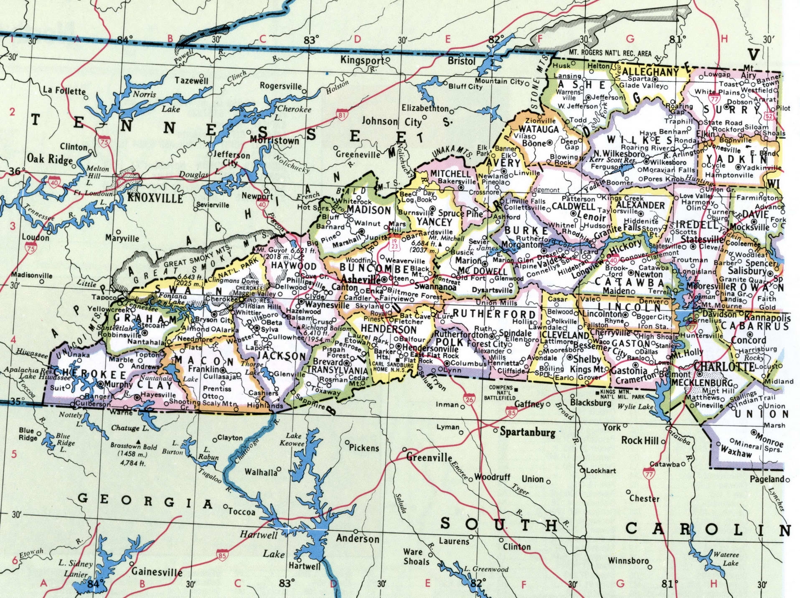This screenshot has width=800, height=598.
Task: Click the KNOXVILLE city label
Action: click(x=155, y=198)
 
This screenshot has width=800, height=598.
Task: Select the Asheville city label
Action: click(x=361, y=279)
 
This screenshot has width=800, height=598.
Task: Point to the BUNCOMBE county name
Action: click(x=374, y=268)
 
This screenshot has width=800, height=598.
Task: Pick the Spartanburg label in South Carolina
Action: click(x=528, y=432)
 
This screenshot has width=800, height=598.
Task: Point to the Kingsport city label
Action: click(x=362, y=60)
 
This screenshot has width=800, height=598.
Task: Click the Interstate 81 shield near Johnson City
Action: click(x=342, y=114)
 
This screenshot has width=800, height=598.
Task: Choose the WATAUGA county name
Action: click(x=538, y=129)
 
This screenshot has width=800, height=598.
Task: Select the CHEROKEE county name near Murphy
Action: click(x=90, y=374)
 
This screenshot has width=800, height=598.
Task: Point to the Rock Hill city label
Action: click(x=640, y=440)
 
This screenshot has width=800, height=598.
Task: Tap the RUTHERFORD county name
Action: click(x=494, y=314)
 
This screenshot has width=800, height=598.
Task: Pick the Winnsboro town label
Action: click(x=628, y=560)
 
